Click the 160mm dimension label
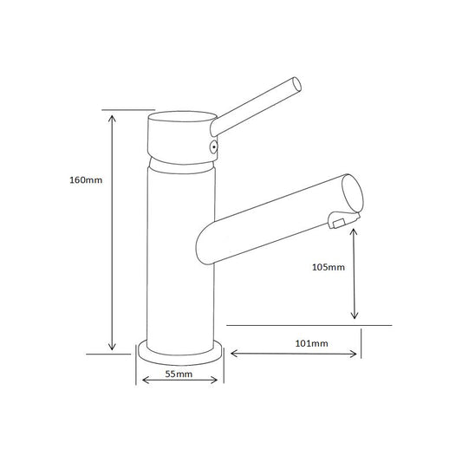(86, 179)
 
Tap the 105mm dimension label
(329, 267)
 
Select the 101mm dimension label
(311, 343)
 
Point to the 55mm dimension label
(179, 374)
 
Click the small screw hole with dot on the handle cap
(213, 146)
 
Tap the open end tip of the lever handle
(297, 85)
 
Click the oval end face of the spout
(353, 193)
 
